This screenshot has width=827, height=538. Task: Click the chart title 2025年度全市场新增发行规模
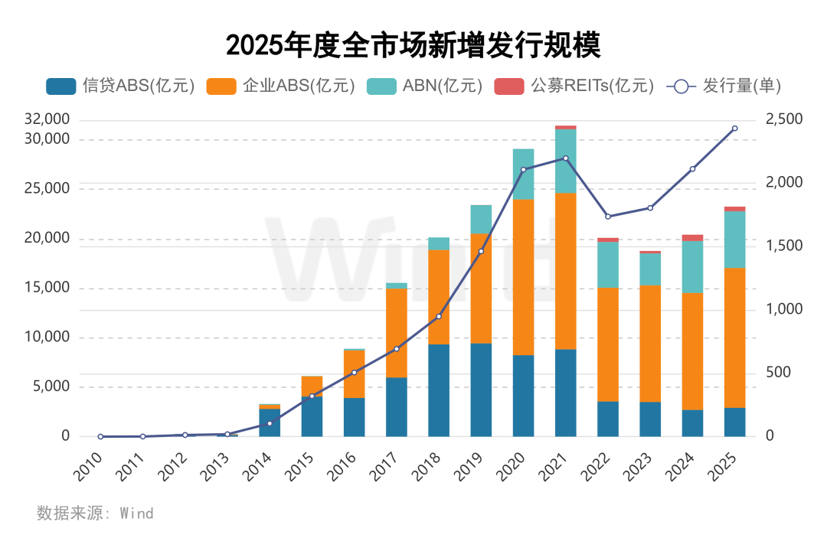click(413, 45)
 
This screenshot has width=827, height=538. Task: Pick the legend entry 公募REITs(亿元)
click(575, 86)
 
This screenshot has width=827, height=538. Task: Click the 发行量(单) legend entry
click(724, 86)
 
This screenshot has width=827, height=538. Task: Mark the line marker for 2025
click(734, 129)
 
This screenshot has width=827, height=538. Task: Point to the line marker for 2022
click(608, 217)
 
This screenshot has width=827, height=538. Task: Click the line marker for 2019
click(481, 251)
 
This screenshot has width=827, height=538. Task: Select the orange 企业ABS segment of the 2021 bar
click(565, 271)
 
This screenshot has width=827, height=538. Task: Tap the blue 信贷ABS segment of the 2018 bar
click(439, 390)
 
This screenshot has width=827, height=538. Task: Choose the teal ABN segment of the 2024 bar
click(692, 266)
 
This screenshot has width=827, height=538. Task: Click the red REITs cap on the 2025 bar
click(734, 209)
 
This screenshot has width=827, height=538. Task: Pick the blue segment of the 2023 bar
click(650, 419)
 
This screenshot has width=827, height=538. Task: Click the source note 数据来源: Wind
click(95, 514)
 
